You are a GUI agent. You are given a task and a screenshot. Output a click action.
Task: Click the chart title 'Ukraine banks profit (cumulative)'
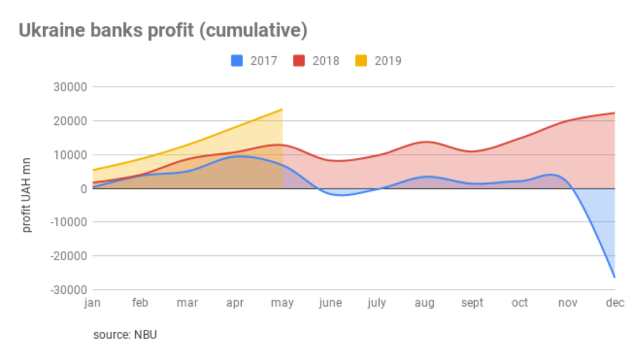click(162, 30)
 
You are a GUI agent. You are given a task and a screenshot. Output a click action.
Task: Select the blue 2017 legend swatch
click(237, 60)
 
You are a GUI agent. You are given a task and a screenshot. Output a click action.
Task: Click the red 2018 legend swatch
click(298, 60)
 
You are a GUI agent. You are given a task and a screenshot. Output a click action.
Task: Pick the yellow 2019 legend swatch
click(360, 60)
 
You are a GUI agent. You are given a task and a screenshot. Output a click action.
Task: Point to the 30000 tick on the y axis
click(70, 87)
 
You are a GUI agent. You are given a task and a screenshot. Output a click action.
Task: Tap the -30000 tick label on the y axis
click(68, 290)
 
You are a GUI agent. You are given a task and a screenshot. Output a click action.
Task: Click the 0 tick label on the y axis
click(82, 188)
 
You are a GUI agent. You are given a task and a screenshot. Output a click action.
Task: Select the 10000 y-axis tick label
click(70, 155)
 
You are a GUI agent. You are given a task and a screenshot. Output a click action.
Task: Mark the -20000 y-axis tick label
click(68, 256)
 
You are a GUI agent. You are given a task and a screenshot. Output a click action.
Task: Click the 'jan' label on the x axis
click(92, 303)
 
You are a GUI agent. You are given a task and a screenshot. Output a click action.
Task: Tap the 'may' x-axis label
click(282, 303)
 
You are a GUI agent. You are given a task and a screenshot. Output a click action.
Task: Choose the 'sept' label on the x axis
click(472, 303)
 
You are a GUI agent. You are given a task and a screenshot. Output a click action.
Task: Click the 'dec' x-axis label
click(615, 303)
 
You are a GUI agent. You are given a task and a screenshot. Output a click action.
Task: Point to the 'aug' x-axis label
click(424, 303)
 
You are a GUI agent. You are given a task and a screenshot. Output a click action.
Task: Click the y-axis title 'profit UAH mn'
click(27, 188)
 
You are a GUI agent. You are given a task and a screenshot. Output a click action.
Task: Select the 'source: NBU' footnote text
click(125, 334)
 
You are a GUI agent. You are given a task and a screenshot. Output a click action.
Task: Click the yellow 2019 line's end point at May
click(282, 109)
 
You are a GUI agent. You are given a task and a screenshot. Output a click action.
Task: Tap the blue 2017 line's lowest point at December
click(615, 277)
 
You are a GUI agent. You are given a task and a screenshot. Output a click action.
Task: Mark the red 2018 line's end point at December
click(615, 112)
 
